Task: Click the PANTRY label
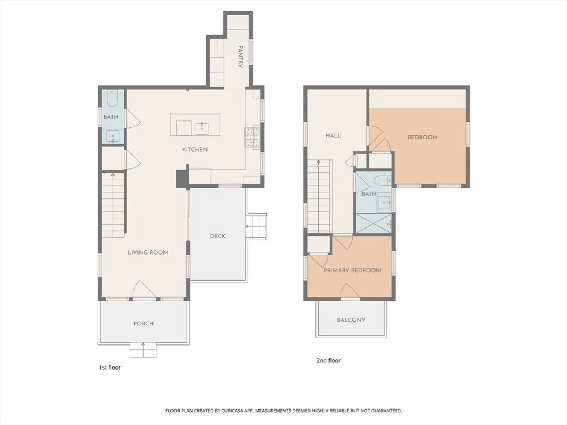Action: coord(240,57)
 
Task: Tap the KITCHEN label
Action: coord(195,150)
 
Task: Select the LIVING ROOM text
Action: coord(148,253)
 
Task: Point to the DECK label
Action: coord(217,236)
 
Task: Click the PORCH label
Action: coord(144,323)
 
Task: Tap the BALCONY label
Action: coord(351,320)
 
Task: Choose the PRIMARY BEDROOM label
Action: coord(352,270)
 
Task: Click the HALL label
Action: coord(333,136)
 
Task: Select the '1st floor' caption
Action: coord(110,368)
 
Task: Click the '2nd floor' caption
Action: coord(328,361)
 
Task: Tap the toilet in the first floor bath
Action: coord(112,98)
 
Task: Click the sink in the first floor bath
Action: coord(113,136)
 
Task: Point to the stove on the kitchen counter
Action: coord(252,138)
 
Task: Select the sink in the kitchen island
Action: coord(202,129)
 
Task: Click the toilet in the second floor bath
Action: coord(384,181)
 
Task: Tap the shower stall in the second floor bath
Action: coord(374,224)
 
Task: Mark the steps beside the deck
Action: coord(256,227)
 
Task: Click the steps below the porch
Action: coord(143,350)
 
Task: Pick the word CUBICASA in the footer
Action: coord(232,410)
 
